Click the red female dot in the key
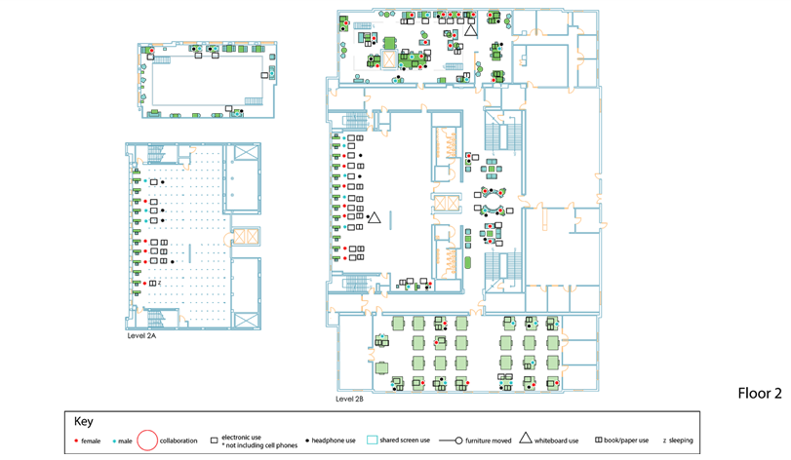click(x=76, y=441)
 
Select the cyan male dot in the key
click(x=113, y=441)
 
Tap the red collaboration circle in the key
click(x=147, y=441)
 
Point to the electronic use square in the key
click(x=214, y=441)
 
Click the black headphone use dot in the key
click(x=308, y=441)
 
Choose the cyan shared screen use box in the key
click(x=372, y=441)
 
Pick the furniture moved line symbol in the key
click(x=458, y=441)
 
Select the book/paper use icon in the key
click(x=599, y=441)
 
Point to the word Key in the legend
click(x=84, y=422)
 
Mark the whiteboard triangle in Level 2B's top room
click(x=471, y=30)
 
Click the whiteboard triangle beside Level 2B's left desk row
click(x=374, y=217)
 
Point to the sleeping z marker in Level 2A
click(x=159, y=283)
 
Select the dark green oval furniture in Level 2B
click(x=467, y=262)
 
